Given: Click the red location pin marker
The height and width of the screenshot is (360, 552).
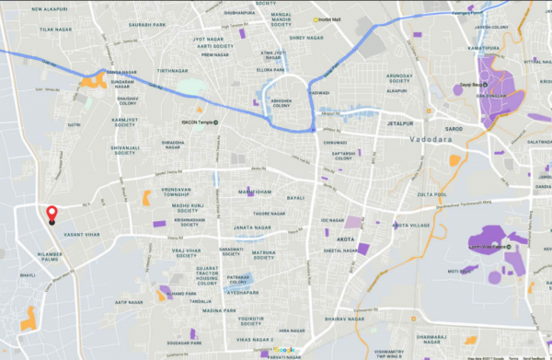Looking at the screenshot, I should click(x=52, y=214).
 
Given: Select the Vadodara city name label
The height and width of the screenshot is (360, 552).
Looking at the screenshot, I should click(x=425, y=137).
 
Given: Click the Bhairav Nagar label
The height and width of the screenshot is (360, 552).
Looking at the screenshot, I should click(x=340, y=318).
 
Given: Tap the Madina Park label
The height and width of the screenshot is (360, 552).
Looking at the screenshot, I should click(x=219, y=310).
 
